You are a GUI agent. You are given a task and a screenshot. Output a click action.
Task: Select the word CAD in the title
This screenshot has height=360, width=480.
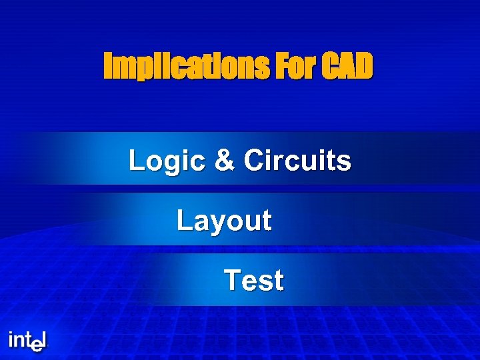pos(347,67)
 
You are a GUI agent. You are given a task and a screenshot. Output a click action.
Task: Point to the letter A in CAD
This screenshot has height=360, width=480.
pos(347,67)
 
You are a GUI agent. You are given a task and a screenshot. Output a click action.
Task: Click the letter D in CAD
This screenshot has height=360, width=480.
pos(364,67)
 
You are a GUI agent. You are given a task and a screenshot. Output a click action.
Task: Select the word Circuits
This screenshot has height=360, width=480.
pos(297,161)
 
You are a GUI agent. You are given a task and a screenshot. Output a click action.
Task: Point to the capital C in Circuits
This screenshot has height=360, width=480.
pos(255,161)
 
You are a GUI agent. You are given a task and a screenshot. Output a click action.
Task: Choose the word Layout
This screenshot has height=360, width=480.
pos(224,221)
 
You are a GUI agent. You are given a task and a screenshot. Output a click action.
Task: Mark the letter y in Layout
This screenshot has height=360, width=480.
pos(212,223)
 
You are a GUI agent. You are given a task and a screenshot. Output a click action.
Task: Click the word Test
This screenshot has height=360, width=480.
pos(254,281)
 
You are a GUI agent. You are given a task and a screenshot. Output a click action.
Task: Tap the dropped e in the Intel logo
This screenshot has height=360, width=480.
pos(37,345)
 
